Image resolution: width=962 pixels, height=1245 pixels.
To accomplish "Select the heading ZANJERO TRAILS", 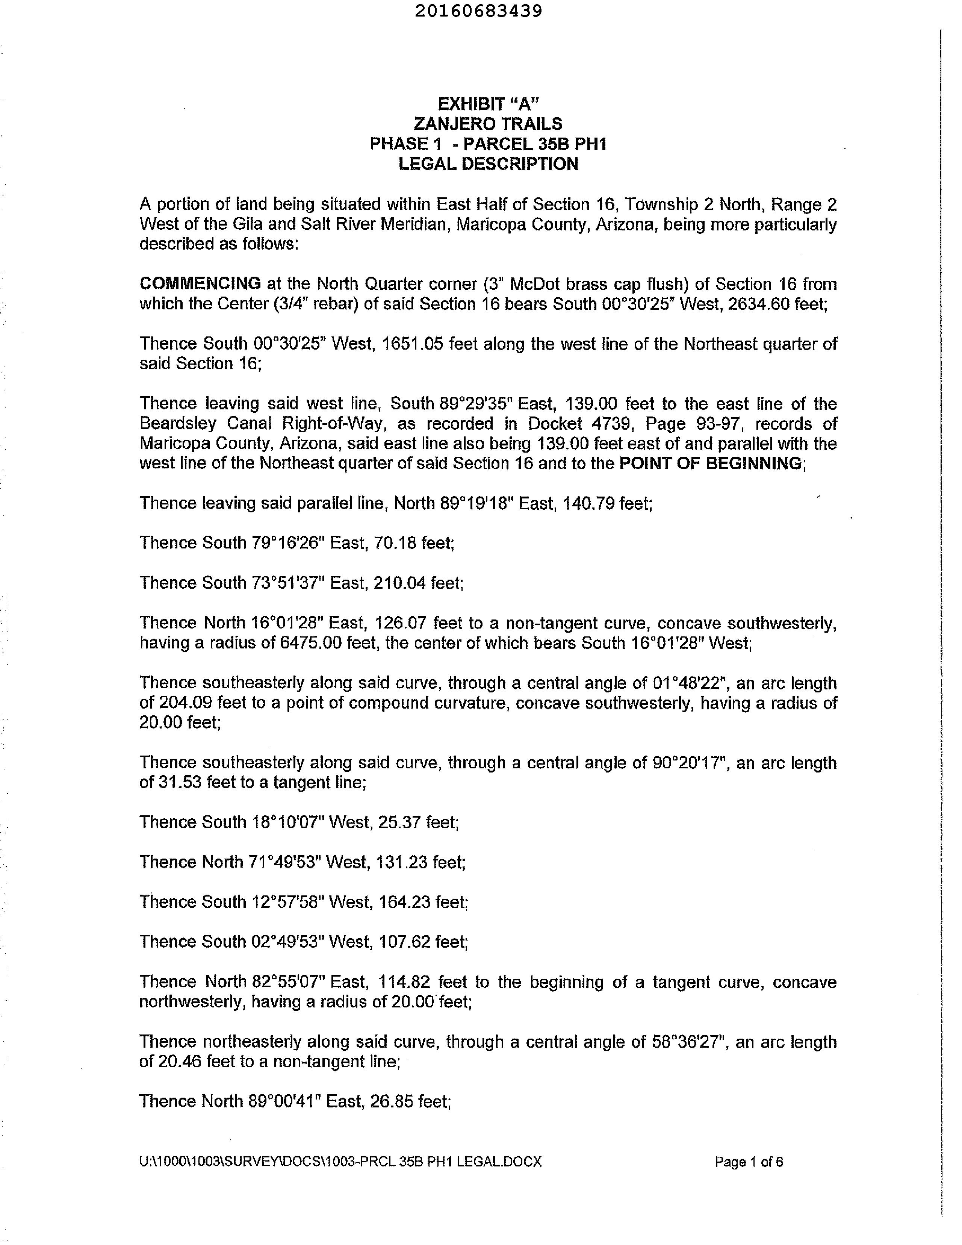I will [x=488, y=124].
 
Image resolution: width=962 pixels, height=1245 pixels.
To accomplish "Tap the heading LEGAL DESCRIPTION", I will [x=488, y=164].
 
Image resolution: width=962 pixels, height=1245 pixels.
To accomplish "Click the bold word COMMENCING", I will [x=200, y=283].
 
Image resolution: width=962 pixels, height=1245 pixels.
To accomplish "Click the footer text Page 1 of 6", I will [x=748, y=1162].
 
